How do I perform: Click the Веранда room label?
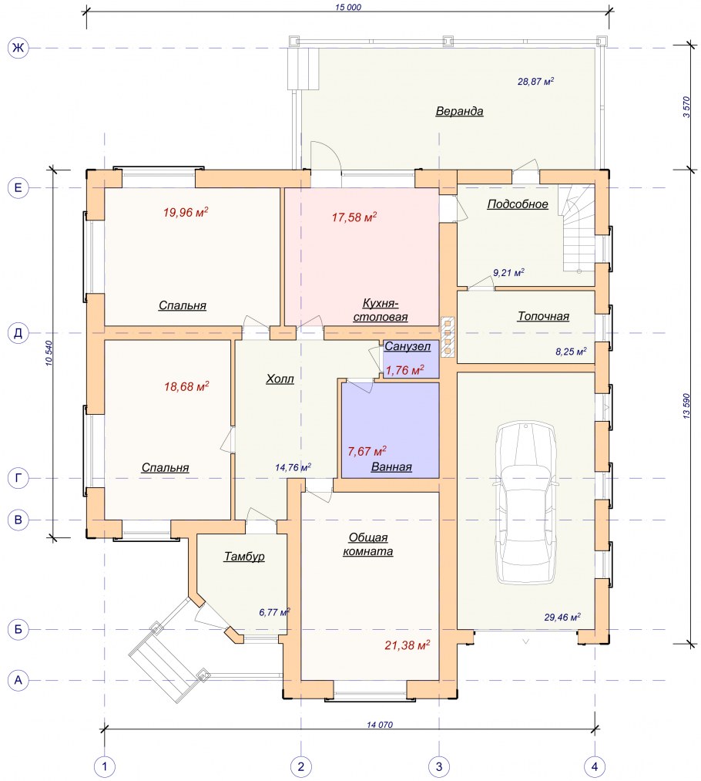(x=459, y=111)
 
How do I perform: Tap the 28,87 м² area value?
(x=536, y=81)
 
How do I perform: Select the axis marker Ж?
(x=18, y=48)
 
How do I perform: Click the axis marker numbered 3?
(x=439, y=766)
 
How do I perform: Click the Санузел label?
(x=408, y=346)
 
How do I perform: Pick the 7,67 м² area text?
(x=367, y=451)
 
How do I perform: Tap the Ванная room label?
(x=391, y=467)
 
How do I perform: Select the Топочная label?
(x=543, y=316)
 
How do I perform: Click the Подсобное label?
(x=518, y=204)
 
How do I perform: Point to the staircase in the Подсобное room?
(x=577, y=228)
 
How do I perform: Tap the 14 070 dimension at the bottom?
(x=380, y=725)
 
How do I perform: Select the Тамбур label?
(x=243, y=557)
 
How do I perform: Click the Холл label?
(x=280, y=379)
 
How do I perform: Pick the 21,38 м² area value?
(x=407, y=645)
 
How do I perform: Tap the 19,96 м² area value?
(x=186, y=213)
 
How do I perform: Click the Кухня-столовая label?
(x=381, y=310)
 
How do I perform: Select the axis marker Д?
(x=18, y=333)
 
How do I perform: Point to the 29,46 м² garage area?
(x=562, y=617)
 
